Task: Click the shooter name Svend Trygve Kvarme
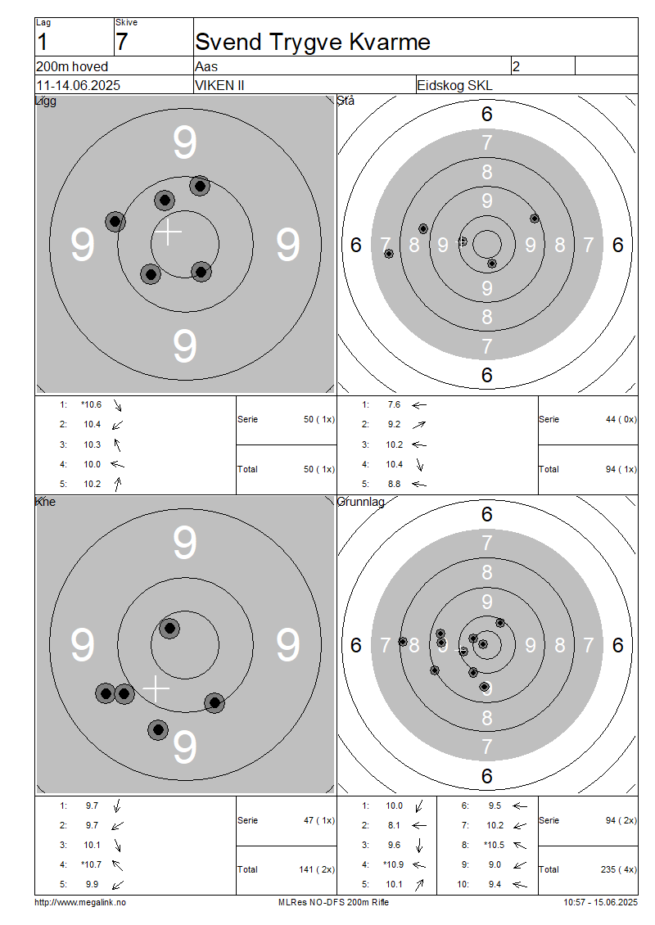point(313,43)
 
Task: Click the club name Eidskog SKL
point(454,85)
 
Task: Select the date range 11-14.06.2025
point(78,85)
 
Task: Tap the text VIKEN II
point(219,85)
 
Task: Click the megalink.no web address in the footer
point(80,902)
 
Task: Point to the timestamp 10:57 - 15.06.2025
point(600,902)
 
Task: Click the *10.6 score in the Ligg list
point(92,404)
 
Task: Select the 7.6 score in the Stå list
point(394,404)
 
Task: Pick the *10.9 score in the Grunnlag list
point(394,864)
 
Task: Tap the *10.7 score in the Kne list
point(92,864)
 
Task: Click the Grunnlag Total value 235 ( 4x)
point(619,869)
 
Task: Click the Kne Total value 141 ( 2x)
point(317,869)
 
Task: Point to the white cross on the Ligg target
point(168,232)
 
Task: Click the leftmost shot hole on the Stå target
point(388,254)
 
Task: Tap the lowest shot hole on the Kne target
point(158,730)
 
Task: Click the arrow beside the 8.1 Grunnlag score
point(419,826)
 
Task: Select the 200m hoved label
point(72,66)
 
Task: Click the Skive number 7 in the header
point(121,43)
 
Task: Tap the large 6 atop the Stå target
point(487,114)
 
